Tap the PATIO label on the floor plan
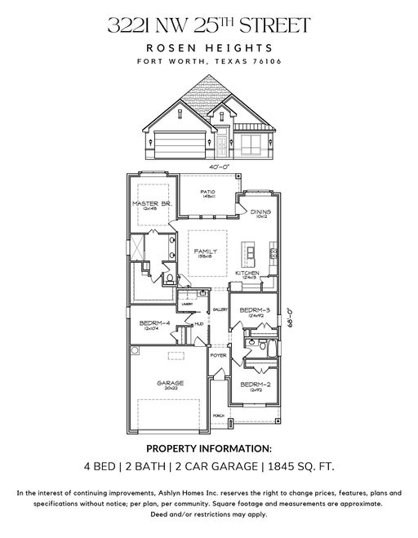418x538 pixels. pos(208,193)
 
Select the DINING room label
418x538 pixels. pos(260,212)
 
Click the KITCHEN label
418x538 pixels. pos(247,273)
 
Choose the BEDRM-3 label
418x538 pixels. pos(255,311)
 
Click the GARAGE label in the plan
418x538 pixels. pos(170,383)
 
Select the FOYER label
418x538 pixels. pos(218,356)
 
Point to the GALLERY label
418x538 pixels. pos(219,310)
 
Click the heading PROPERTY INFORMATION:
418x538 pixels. pos(208,448)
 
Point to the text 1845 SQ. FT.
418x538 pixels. pos(299,467)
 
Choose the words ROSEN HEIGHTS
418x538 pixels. pos(208,48)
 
